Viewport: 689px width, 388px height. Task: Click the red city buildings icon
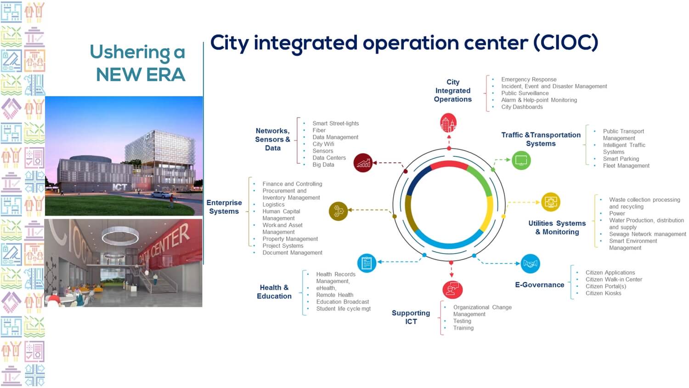448,123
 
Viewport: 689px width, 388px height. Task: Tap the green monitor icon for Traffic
521,160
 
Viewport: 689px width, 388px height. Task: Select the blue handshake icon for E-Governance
530,263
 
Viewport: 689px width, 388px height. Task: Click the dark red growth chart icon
363,163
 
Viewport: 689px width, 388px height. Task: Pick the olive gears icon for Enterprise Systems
339,211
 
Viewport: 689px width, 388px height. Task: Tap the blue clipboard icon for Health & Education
367,263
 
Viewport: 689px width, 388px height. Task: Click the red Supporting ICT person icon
452,290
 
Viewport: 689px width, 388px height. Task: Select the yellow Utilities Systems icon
551,202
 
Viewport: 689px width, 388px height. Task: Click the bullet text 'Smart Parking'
621,159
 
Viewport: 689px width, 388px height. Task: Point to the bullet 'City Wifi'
323,144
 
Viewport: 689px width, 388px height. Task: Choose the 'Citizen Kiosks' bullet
603,293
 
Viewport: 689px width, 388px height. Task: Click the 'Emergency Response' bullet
529,80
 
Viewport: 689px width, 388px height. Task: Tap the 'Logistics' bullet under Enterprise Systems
273,205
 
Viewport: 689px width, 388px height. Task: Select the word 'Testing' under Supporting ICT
462,321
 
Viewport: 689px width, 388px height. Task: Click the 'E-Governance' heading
540,285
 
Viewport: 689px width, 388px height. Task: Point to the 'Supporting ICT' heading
411,317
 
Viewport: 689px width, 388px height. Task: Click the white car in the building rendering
161,194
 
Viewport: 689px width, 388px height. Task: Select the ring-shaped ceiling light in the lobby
120,236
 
